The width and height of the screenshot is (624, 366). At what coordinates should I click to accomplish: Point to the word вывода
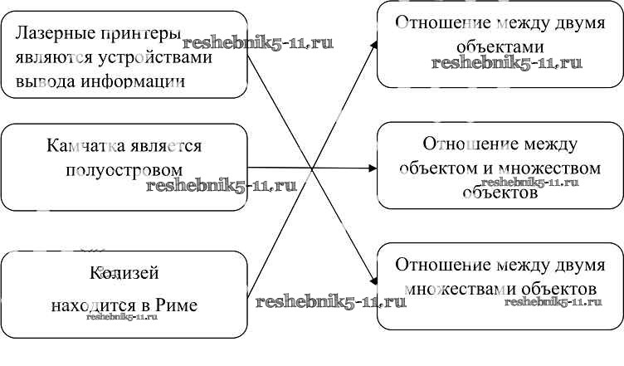pos(42,81)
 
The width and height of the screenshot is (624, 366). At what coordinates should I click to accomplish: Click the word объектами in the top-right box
pos(500,46)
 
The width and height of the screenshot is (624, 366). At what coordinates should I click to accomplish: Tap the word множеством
pos(540,168)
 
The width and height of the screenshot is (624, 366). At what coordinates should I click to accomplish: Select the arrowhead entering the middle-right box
pos(373,168)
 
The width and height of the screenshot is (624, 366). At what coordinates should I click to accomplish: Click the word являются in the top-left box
pos(49,58)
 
